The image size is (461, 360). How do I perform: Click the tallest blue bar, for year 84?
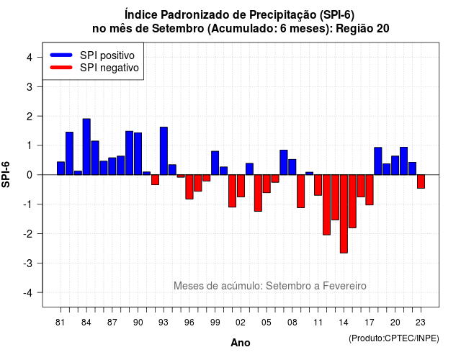[x=86, y=147]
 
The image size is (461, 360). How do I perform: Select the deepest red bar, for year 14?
[x=344, y=214]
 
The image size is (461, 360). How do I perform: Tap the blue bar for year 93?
[x=164, y=150]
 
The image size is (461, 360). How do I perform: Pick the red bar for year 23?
[x=421, y=181]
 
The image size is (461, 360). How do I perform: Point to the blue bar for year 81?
[x=61, y=168]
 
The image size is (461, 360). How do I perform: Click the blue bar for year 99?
[x=215, y=163]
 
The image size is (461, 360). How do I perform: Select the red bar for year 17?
[x=370, y=190]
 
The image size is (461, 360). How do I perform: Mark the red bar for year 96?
[x=189, y=187]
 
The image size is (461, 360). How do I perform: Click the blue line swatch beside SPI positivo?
[x=61, y=55]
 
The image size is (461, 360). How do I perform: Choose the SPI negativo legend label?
[x=109, y=68]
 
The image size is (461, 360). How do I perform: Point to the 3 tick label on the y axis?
[x=30, y=86]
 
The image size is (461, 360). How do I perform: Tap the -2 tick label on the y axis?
[x=28, y=233]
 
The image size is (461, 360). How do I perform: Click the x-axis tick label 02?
[x=240, y=323]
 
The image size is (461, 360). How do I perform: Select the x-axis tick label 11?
[x=318, y=323]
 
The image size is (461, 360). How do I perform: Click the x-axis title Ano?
[x=241, y=343]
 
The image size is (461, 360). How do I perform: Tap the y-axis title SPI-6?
[x=6, y=174]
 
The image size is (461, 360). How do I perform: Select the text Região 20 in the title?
[x=362, y=29]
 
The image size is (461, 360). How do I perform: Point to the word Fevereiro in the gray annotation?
[x=344, y=286]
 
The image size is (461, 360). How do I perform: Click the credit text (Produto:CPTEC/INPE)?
[x=394, y=338]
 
